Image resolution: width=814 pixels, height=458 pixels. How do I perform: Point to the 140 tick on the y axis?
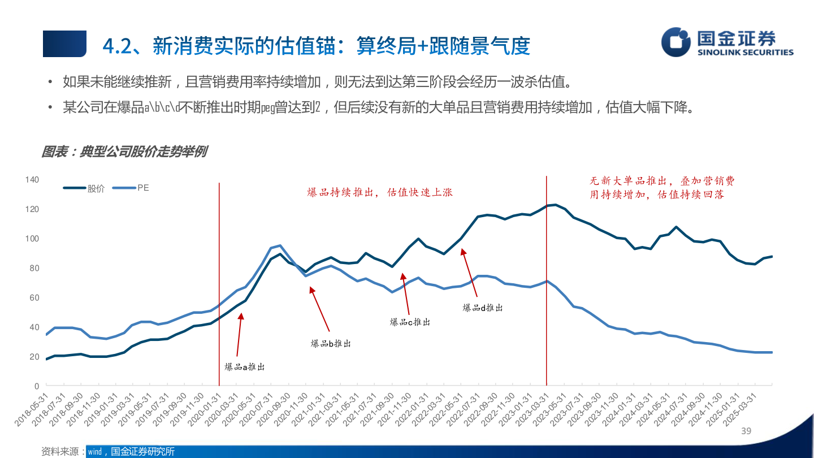[32, 180]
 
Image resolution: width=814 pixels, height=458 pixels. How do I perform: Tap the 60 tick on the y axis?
[34, 297]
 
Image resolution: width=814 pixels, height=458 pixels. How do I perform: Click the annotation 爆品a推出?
[244, 367]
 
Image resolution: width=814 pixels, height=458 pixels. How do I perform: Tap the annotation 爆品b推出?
[331, 343]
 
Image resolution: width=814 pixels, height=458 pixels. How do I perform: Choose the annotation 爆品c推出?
[410, 322]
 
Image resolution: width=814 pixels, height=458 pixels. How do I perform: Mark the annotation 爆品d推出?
[483, 308]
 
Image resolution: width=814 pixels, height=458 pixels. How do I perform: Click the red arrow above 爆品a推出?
[239, 334]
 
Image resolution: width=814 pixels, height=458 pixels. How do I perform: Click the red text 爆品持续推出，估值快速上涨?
[380, 192]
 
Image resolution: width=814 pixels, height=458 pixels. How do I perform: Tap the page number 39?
[746, 431]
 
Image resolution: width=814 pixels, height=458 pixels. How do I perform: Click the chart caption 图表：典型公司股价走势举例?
[124, 152]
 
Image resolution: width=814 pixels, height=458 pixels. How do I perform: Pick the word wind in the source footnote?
[94, 451]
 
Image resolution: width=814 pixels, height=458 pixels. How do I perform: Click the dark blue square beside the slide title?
[64, 44]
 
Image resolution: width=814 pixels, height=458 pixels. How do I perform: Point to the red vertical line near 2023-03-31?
[547, 283]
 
